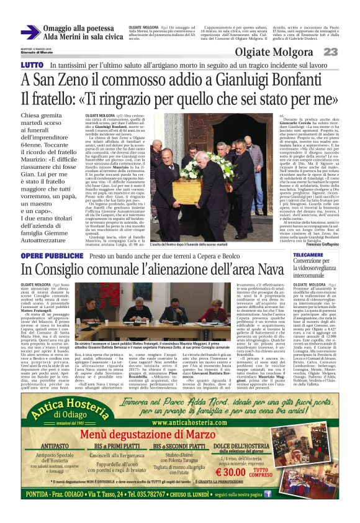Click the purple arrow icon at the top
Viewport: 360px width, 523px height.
click(x=30, y=32)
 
